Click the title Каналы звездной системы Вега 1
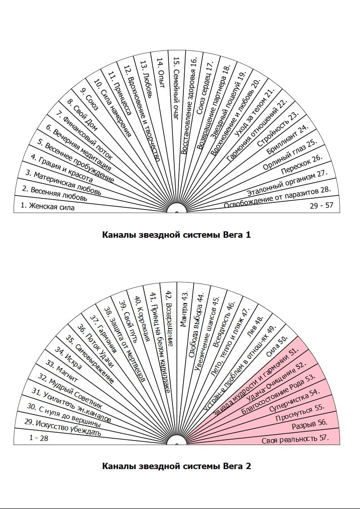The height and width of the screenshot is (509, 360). coord(176,235)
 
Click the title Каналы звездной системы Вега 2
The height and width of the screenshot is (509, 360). coord(176,466)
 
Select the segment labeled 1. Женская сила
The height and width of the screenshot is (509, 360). coord(47,206)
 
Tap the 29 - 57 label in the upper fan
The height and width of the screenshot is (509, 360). coord(321,206)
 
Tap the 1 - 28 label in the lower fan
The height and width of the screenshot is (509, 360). coord(39,438)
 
